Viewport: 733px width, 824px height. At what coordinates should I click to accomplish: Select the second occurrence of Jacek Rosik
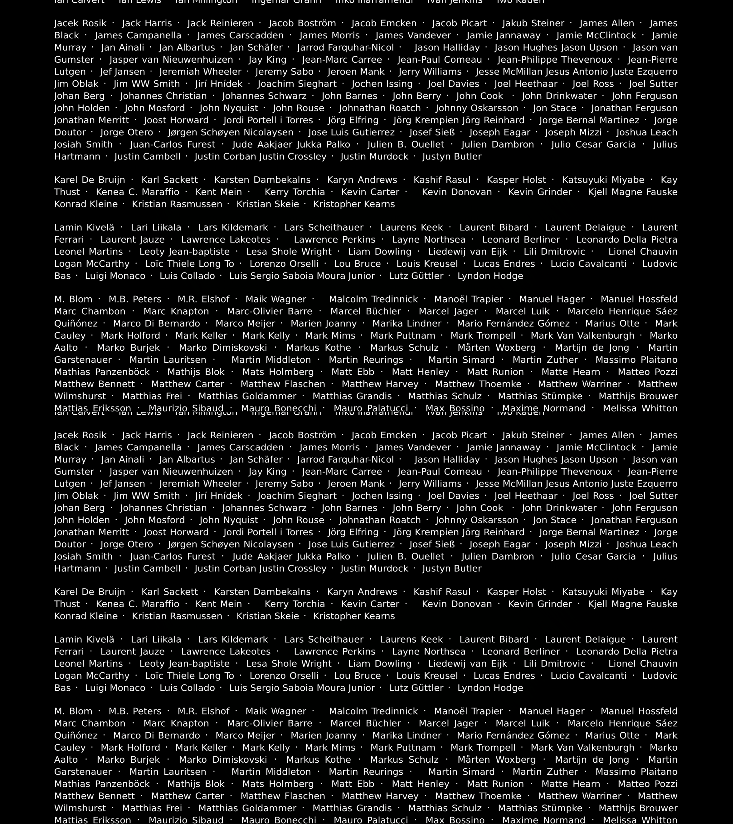click(x=80, y=435)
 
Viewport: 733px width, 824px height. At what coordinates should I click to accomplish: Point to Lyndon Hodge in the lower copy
click(x=490, y=688)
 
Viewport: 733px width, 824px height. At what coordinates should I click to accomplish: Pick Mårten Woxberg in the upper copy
click(x=497, y=348)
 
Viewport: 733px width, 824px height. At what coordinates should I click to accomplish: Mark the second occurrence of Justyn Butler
click(x=452, y=568)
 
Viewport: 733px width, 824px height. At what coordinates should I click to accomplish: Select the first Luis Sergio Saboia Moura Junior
click(x=302, y=276)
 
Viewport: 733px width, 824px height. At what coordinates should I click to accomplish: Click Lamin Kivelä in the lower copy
click(x=84, y=639)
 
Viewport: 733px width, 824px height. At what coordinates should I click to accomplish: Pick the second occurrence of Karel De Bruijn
click(x=90, y=592)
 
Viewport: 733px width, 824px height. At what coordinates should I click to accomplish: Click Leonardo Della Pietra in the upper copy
click(x=627, y=240)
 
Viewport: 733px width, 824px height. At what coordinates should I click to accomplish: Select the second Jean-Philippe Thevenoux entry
click(x=555, y=472)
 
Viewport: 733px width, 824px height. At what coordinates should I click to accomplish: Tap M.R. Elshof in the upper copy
click(x=203, y=299)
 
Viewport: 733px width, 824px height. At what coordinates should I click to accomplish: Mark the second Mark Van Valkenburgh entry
click(x=583, y=747)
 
